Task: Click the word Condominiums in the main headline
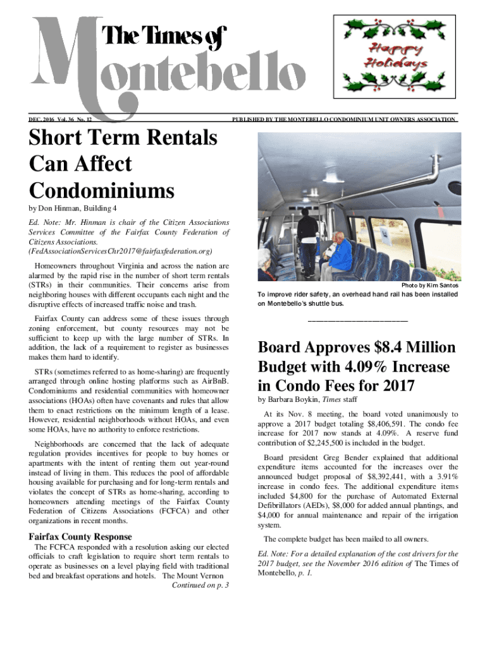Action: point(102,190)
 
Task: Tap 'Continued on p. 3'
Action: point(200,585)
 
